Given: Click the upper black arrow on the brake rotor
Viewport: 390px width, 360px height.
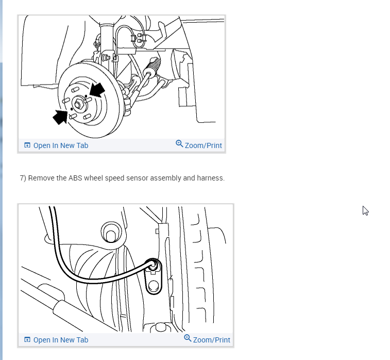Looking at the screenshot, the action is click(97, 90).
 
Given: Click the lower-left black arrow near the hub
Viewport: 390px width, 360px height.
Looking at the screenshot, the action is click(60, 117).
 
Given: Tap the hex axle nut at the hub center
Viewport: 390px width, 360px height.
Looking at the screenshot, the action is click(78, 104).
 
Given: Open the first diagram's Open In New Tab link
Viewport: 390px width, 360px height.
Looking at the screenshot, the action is click(61, 145).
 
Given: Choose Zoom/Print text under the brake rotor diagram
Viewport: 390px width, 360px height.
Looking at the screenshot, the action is click(203, 145).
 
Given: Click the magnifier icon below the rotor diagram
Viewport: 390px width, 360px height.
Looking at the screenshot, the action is click(179, 144).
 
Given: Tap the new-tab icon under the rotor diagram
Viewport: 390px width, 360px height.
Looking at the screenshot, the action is click(27, 145).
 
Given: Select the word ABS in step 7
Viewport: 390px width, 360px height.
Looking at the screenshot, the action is click(75, 178).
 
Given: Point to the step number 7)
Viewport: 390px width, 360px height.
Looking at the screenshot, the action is click(23, 178).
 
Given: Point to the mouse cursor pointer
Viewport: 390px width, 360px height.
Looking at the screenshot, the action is click(365, 211).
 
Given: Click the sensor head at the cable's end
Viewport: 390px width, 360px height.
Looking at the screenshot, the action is click(152, 265).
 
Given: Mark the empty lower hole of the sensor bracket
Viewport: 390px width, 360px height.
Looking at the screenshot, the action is click(153, 286).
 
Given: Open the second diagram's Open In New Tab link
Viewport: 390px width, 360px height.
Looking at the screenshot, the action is click(61, 340).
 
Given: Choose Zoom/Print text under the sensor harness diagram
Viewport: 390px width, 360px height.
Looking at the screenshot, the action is click(211, 340).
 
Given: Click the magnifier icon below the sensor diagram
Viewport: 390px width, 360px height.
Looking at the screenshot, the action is click(188, 338).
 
